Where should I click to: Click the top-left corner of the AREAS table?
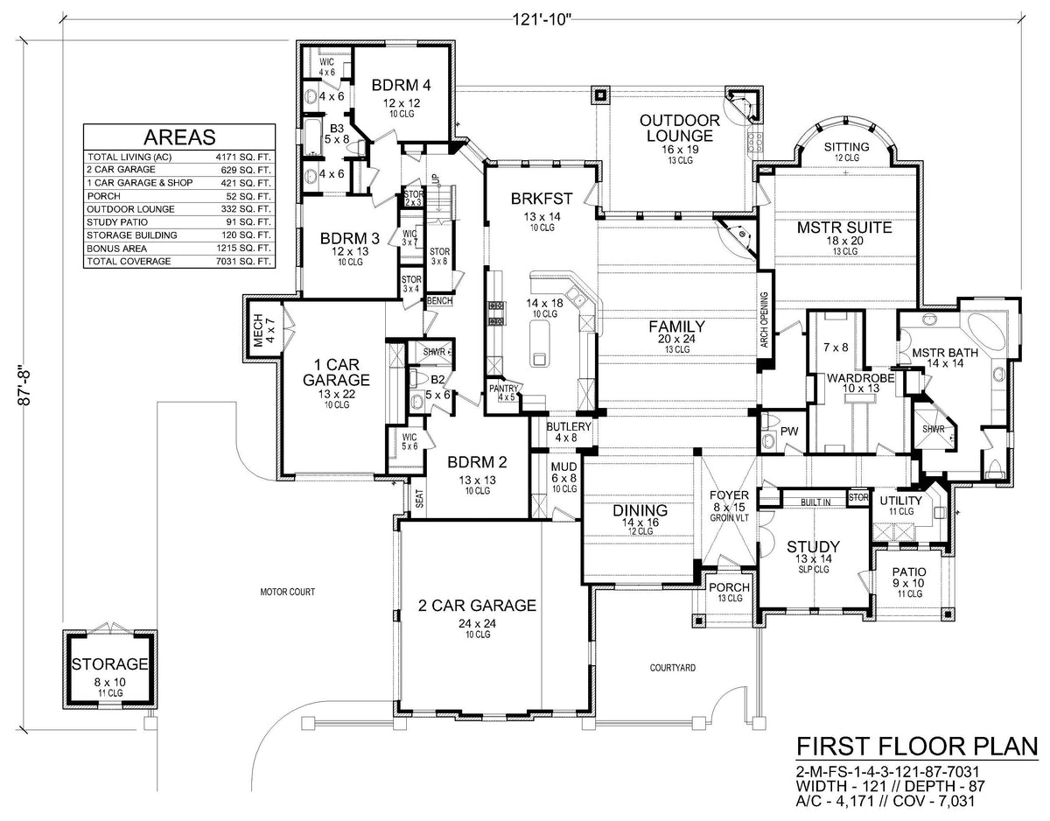point(84,124)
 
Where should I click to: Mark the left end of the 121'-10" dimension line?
point(62,19)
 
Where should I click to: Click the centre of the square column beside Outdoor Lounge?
point(601,95)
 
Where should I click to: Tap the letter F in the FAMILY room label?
point(654,327)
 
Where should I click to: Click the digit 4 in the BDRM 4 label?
point(426,86)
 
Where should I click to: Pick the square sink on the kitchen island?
point(540,359)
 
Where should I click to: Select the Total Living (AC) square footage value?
point(243,158)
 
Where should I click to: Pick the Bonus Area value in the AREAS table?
point(243,249)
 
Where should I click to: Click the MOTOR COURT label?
point(288,592)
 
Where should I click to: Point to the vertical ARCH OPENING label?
point(765,319)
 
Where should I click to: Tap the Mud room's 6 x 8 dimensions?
point(563,479)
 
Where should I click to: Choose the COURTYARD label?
point(673,668)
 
